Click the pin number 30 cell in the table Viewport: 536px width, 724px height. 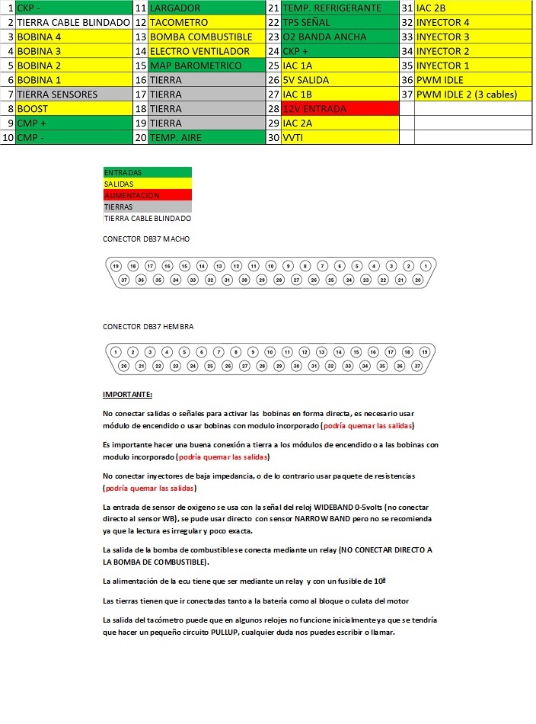(x=273, y=138)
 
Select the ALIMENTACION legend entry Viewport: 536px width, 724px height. (x=147, y=195)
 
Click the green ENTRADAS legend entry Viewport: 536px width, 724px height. (x=147, y=173)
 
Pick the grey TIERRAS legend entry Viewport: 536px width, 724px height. (x=147, y=207)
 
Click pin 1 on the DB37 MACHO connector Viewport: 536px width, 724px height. (x=426, y=266)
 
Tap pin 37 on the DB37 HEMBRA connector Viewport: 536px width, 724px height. (x=417, y=367)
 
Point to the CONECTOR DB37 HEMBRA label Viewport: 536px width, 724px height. (x=148, y=326)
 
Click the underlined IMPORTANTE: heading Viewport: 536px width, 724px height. (x=127, y=395)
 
